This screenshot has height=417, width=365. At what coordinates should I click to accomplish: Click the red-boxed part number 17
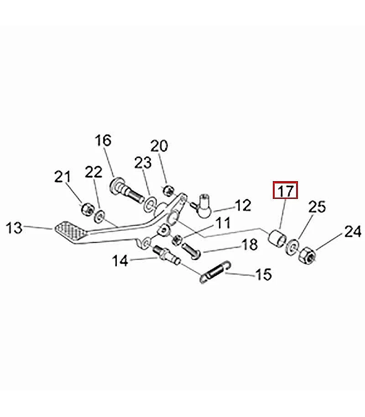pos(286,190)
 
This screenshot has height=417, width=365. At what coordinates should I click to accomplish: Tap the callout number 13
pos(14,228)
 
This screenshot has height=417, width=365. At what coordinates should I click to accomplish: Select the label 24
pos(353,232)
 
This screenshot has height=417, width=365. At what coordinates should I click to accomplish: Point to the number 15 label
pos(263,275)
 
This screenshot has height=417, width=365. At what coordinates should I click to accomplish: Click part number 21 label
pos(63,177)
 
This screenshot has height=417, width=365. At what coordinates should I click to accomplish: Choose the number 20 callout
pos(159,146)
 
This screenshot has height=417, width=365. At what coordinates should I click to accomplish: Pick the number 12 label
pos(243,205)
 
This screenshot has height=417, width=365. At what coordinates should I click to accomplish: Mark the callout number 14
pos(120,261)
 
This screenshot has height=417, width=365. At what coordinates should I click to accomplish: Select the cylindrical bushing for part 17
pos(277,238)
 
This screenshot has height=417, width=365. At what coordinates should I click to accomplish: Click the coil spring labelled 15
pos(215,272)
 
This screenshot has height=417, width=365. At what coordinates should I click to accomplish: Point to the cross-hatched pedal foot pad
pos(71,232)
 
